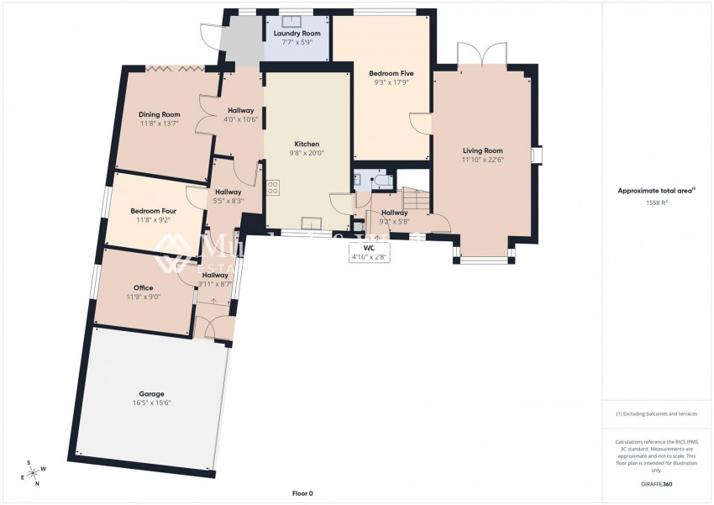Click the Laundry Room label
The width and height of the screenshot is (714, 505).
click(x=297, y=34)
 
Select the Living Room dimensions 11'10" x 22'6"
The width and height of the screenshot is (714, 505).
click(x=482, y=160)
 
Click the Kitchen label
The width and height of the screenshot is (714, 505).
click(x=306, y=144)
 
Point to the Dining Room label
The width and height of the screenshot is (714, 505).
click(x=159, y=114)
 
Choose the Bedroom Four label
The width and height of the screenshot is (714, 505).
click(x=153, y=211)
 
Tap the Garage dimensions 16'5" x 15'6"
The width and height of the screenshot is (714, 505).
click(x=152, y=403)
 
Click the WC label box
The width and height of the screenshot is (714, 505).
click(x=369, y=252)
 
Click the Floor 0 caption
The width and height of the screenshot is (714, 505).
click(x=302, y=494)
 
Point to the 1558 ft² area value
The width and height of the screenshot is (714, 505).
click(x=657, y=203)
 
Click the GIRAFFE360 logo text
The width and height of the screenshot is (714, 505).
click(x=655, y=485)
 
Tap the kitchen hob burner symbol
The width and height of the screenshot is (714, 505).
click(x=273, y=188)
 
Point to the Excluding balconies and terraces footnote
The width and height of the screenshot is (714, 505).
click(x=656, y=413)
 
